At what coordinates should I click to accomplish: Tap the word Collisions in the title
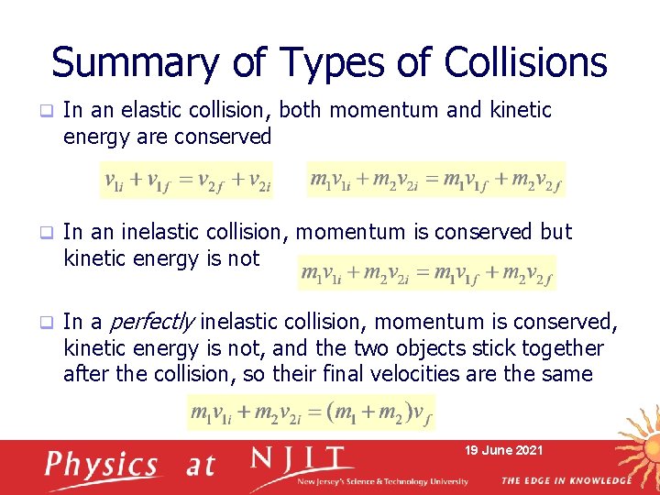(525, 62)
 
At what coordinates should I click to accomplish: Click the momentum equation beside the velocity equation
(435, 180)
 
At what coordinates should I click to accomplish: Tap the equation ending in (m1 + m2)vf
(311, 412)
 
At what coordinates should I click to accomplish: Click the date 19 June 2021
(503, 450)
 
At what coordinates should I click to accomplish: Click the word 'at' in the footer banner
(200, 465)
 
